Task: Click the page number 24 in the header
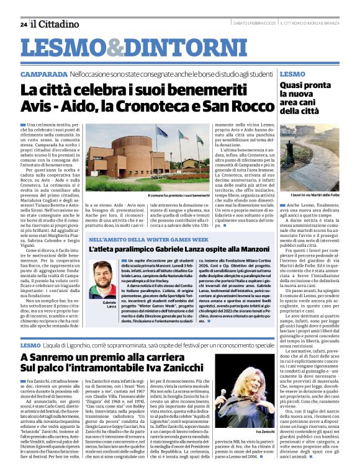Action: coord(23,24)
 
